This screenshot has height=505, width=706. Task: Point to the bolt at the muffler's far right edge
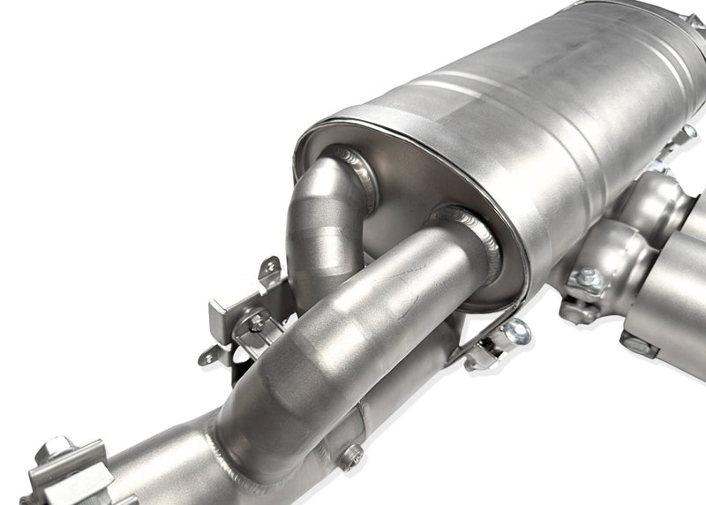point(687,133)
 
